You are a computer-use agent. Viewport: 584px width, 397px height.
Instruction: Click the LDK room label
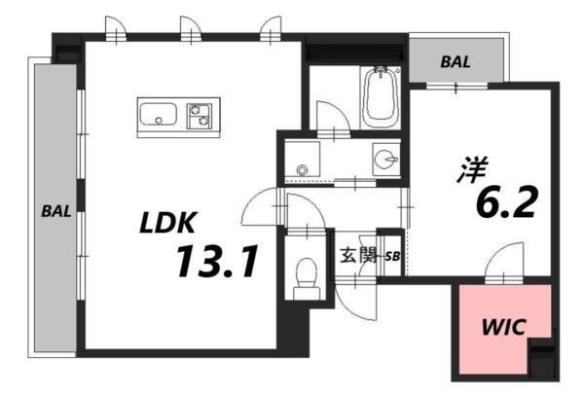[x=167, y=222]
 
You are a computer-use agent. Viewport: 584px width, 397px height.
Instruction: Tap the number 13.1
[x=216, y=261]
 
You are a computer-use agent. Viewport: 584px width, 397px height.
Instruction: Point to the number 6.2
[x=506, y=203]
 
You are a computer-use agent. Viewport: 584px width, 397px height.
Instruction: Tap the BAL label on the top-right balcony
[x=456, y=61]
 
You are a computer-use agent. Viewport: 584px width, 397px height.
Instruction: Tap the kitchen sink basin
[x=157, y=117]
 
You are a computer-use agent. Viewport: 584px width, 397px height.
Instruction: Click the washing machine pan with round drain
[x=304, y=162]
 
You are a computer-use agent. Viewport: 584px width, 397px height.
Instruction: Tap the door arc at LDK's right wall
[x=259, y=207]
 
